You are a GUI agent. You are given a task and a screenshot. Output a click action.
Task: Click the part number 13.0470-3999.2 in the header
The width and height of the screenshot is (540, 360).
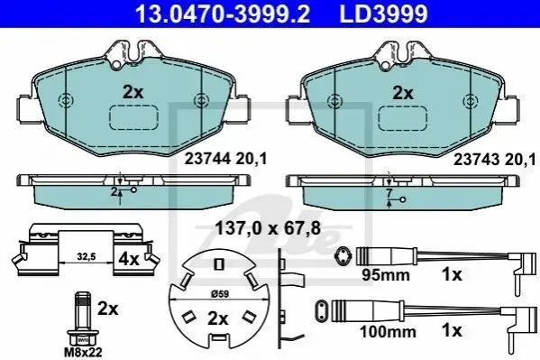pyautogui.click(x=223, y=14)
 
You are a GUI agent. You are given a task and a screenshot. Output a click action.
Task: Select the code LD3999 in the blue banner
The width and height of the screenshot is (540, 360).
pyautogui.click(x=383, y=14)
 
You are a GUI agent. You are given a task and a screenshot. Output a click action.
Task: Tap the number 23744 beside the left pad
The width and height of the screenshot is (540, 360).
pyautogui.click(x=207, y=159)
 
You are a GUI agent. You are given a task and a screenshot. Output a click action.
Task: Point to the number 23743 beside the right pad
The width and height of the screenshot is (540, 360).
pyautogui.click(x=476, y=160)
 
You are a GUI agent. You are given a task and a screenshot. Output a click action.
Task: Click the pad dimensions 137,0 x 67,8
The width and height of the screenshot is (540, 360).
pyautogui.click(x=268, y=228)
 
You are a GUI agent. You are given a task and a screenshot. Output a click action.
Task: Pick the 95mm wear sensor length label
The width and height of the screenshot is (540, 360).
pyautogui.click(x=386, y=275)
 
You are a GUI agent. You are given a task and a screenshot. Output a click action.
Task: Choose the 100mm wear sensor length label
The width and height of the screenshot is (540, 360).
pyautogui.click(x=388, y=332)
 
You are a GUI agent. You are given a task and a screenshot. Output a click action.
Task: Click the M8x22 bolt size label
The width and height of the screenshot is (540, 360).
pyautogui.click(x=83, y=353)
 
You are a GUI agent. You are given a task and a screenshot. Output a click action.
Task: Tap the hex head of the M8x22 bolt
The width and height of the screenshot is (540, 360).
pyautogui.click(x=83, y=338)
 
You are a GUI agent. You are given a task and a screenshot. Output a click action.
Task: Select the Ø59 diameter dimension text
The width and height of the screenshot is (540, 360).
pyautogui.click(x=219, y=294)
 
